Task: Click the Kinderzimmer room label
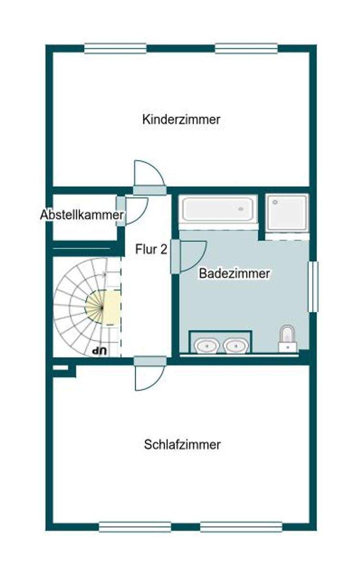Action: (x=181, y=119)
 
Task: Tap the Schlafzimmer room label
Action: (x=182, y=445)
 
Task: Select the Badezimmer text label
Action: (x=234, y=274)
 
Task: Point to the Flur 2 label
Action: (x=151, y=249)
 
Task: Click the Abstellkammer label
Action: (x=82, y=215)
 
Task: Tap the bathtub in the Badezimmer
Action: (x=218, y=209)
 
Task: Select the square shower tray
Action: (x=287, y=212)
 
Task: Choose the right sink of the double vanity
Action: (x=235, y=345)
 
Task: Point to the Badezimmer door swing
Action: (x=192, y=254)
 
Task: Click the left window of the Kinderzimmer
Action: (x=115, y=48)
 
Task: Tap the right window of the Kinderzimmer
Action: (x=246, y=48)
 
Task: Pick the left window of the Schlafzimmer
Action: (x=135, y=527)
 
